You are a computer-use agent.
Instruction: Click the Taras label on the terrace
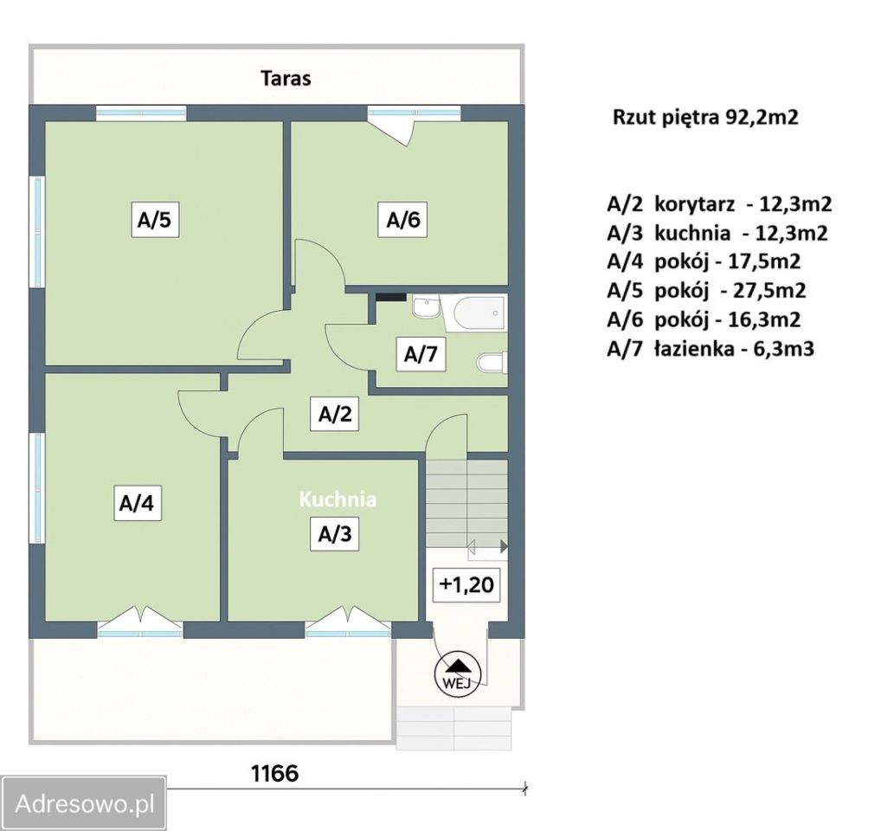tap(286, 78)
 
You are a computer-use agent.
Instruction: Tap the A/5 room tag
tap(154, 220)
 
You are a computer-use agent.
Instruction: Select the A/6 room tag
tap(403, 220)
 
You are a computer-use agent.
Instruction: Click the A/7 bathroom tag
tap(421, 354)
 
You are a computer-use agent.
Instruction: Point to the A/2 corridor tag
tap(335, 414)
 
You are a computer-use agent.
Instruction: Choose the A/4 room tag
tap(137, 503)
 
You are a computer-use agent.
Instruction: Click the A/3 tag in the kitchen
tap(335, 534)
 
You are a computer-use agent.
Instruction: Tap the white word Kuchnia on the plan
tap(338, 499)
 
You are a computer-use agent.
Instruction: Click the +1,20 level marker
tap(466, 585)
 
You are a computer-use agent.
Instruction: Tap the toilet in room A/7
tap(492, 362)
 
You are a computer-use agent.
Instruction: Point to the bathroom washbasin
tap(425, 307)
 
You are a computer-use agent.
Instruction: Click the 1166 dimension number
tap(275, 773)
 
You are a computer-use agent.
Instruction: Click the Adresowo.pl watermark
tap(85, 804)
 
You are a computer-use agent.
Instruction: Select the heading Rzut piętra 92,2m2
tap(705, 118)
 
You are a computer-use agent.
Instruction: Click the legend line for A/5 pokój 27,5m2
tap(706, 290)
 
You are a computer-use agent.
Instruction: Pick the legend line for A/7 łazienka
tap(711, 348)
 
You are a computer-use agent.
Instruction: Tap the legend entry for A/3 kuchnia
tap(717, 233)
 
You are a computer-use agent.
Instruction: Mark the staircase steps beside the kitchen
tap(467, 502)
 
